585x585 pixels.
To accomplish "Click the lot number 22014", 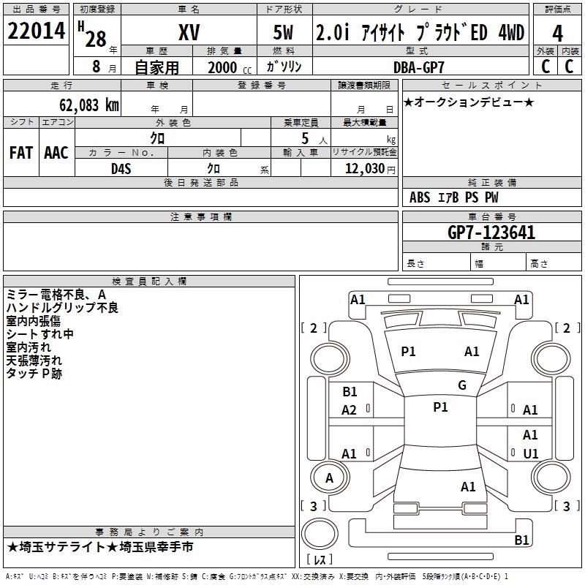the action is (36, 31).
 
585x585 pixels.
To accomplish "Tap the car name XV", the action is (189, 32).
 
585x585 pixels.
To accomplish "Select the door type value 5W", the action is (283, 32).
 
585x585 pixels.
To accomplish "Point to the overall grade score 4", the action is (557, 34).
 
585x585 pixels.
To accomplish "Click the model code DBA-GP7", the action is (419, 67).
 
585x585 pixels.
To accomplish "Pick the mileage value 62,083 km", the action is (89, 105).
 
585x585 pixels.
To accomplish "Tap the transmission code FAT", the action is (21, 153).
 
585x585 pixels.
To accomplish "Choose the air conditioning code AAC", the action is (56, 153).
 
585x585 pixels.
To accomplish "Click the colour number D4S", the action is (121, 169).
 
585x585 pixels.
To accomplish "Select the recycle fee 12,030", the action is (364, 169).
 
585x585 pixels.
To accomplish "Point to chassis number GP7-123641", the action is (491, 233).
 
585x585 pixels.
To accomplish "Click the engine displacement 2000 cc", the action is (230, 67).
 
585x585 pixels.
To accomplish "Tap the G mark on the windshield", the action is (462, 385).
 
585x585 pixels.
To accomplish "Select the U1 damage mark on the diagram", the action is (531, 453).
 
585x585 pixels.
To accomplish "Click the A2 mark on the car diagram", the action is (349, 410).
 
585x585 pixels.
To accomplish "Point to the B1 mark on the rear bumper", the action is (521, 540).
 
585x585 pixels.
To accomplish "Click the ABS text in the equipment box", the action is (420, 197).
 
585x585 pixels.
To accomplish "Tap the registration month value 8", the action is (97, 67).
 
